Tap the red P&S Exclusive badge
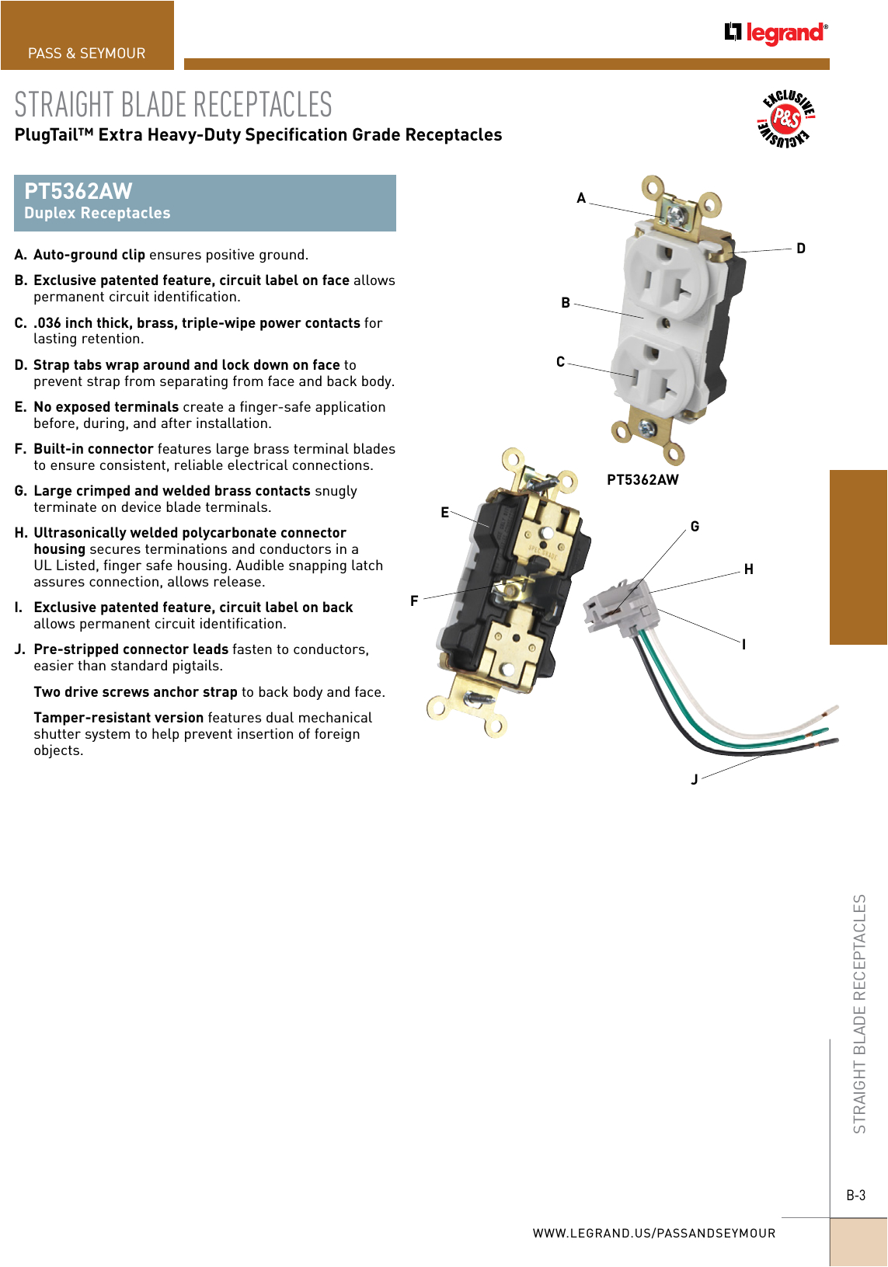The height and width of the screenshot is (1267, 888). coord(785,119)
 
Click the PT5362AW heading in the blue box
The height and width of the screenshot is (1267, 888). coord(78,191)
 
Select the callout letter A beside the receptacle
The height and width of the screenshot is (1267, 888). coord(581,198)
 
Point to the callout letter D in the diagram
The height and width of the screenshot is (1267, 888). coord(801,249)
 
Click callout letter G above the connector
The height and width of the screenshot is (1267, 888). coord(695,527)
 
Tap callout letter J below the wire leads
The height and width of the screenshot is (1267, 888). coord(695,779)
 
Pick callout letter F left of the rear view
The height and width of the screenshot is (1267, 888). coord(414,600)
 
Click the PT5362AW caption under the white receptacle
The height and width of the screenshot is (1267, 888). coord(642,480)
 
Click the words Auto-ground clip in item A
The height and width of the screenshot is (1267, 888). coord(89,255)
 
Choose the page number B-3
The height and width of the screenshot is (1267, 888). coord(855,1196)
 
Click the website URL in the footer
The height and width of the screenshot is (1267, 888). coord(653,1233)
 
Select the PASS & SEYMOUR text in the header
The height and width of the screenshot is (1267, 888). coord(87,54)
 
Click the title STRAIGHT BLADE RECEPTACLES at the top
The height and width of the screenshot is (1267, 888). coord(173,105)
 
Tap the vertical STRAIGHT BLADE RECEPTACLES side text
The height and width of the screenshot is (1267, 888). coord(859,1013)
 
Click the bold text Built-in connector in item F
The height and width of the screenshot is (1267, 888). coord(93,449)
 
